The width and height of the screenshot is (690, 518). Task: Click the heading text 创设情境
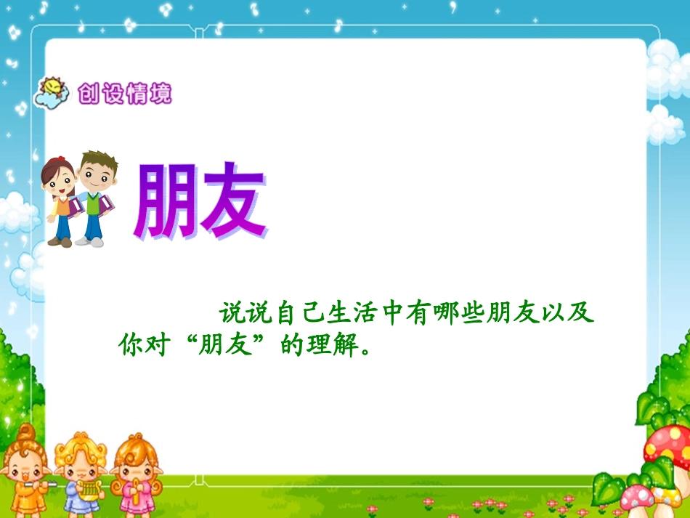point(125,94)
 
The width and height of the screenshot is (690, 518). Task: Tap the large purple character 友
point(232,201)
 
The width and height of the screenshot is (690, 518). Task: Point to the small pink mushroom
point(637,498)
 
